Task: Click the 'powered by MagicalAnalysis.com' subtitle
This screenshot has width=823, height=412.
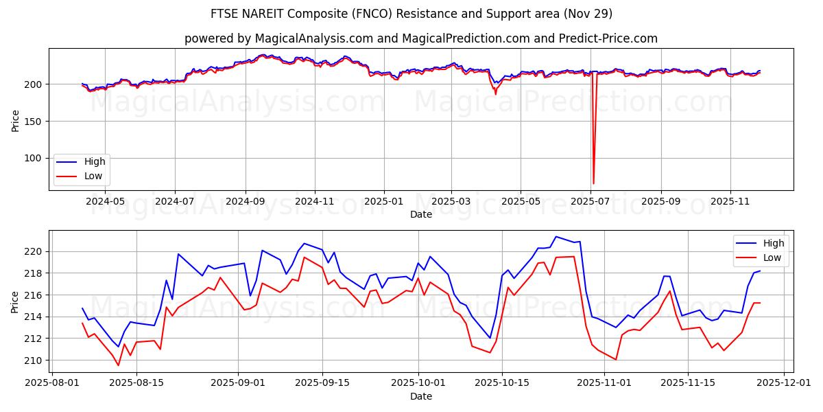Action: pos(421,38)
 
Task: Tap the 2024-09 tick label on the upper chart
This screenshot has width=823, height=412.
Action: pos(245,201)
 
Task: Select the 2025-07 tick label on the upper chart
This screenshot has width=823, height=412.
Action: pos(591,201)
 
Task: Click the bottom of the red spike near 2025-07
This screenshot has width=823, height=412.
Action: pos(593,183)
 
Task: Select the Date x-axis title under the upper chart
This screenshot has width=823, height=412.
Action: pos(421,214)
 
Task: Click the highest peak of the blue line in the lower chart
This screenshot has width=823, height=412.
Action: pos(556,237)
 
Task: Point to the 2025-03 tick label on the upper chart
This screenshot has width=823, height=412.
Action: pos(451,201)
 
